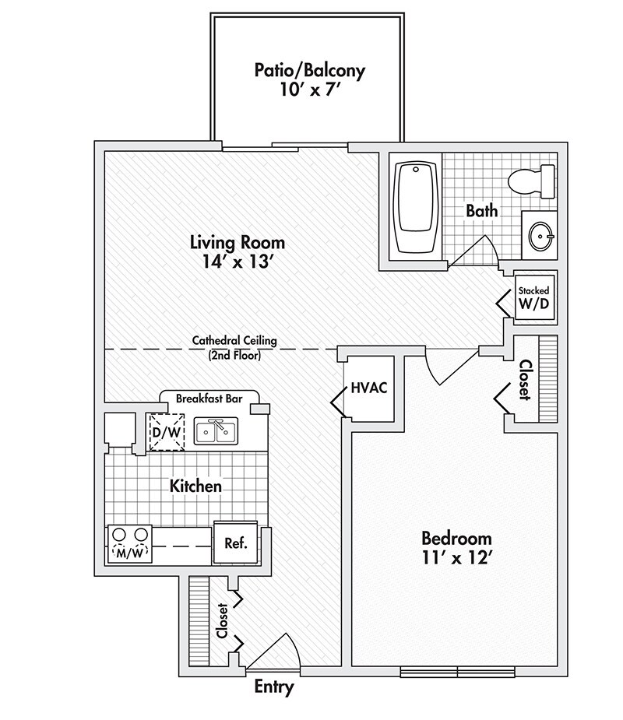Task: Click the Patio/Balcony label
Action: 309,70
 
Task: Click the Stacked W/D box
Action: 534,297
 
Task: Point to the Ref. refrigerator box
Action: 235,543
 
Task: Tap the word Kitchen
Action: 196,486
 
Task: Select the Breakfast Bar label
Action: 208,398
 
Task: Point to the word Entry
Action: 275,687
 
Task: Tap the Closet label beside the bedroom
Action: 526,379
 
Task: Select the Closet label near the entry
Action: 223,620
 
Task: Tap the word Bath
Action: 481,210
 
